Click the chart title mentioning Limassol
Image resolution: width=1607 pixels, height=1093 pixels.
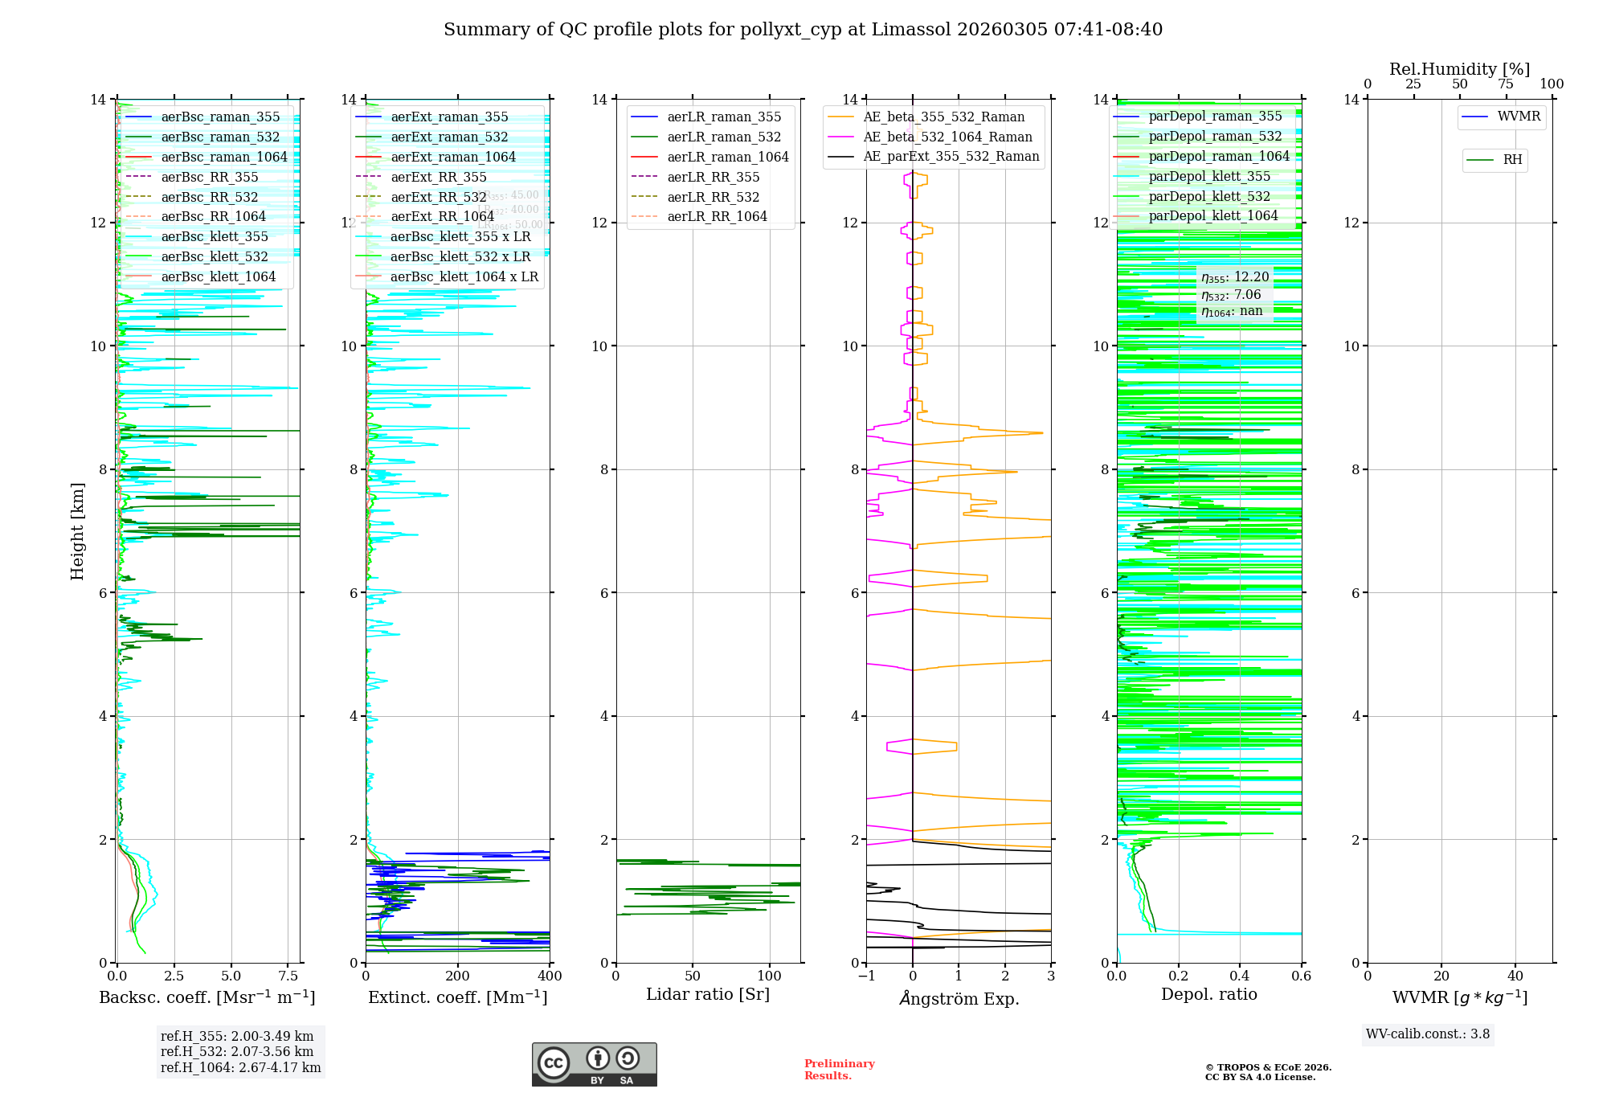point(803,30)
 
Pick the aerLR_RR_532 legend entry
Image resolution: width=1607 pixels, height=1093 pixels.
point(713,197)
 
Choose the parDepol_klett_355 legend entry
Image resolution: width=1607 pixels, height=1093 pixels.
point(1209,176)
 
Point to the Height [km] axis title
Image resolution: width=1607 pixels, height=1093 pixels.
point(77,530)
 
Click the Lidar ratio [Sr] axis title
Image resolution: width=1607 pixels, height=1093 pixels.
point(708,994)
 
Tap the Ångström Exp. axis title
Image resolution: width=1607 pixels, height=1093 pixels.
point(959,998)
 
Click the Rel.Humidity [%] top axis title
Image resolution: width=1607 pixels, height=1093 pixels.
point(1459,69)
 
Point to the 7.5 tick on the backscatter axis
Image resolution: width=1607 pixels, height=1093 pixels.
point(288,976)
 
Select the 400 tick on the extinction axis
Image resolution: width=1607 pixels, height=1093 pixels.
point(550,976)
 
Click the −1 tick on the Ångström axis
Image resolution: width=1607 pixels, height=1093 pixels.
point(866,976)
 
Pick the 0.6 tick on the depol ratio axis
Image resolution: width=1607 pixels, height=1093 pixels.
point(1301,976)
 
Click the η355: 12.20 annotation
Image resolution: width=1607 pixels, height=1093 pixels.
point(1235,277)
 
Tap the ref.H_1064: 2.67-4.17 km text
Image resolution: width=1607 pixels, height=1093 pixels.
point(240,1067)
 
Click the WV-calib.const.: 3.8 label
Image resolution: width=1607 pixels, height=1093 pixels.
point(1428,1034)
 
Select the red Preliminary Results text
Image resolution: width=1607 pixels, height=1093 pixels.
point(839,1069)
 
